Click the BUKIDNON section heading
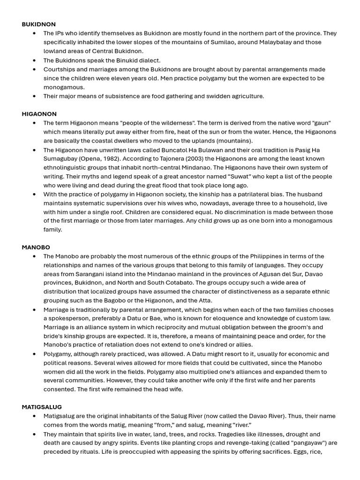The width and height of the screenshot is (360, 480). (38, 24)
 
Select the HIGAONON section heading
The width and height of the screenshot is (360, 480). (39, 114)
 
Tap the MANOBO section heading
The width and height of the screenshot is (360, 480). (36, 247)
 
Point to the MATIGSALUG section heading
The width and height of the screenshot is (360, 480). (42, 407)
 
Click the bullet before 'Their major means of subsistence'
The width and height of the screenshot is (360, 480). (34, 96)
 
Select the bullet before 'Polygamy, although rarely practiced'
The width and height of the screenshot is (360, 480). (34, 354)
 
